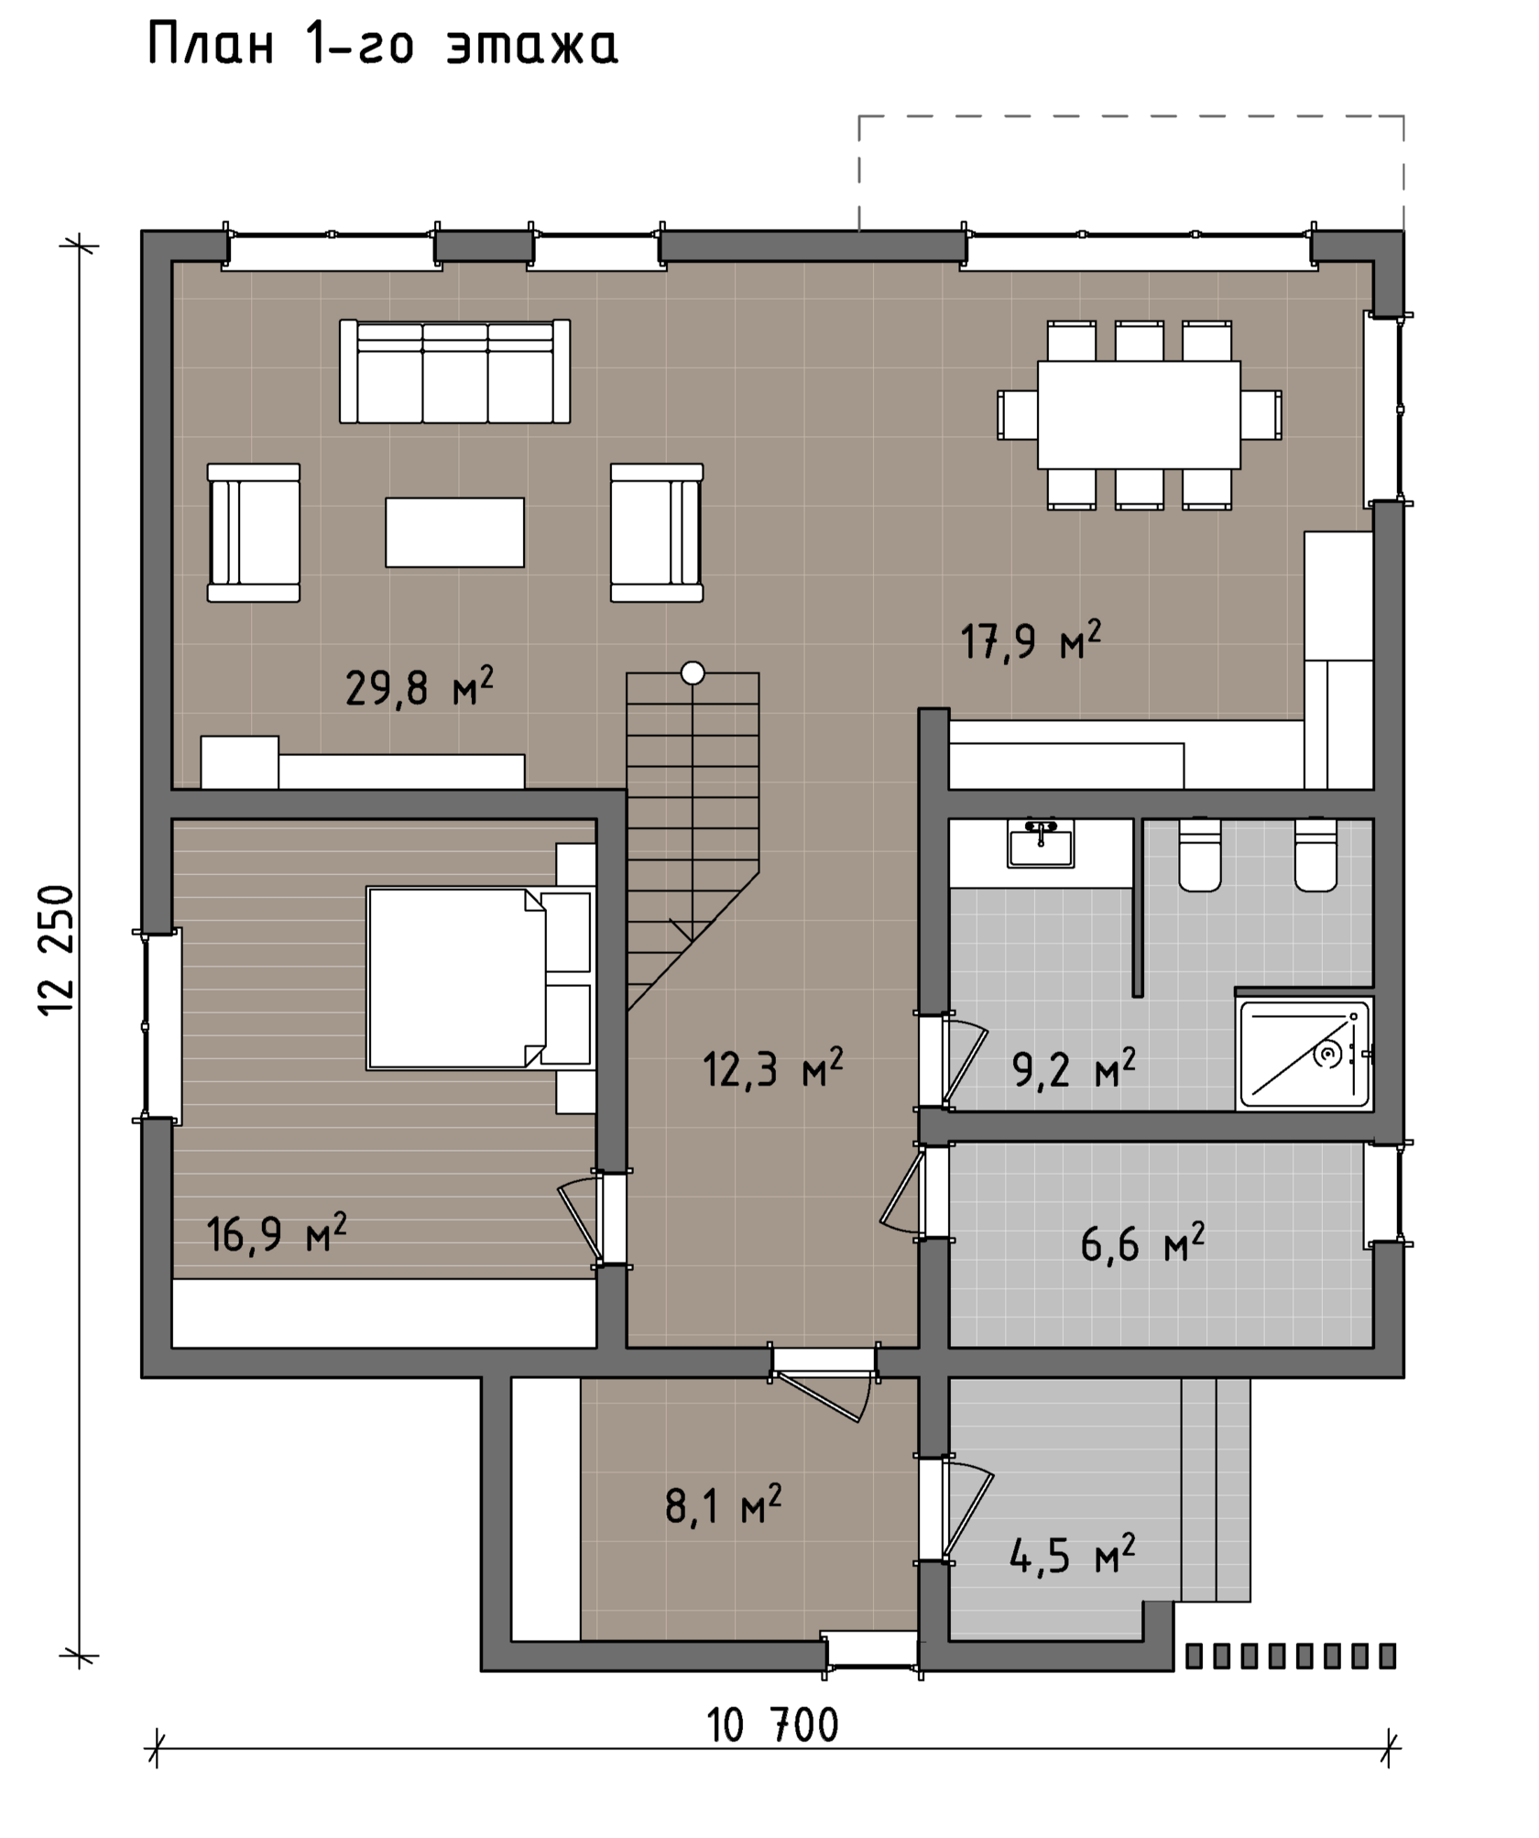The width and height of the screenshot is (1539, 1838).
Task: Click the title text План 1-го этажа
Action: (x=383, y=45)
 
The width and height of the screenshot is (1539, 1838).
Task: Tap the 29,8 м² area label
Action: (x=420, y=687)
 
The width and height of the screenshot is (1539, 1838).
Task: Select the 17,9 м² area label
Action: (x=1031, y=640)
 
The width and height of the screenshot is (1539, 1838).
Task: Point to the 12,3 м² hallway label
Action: (x=772, y=1068)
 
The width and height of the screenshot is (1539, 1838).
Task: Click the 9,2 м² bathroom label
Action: (x=1074, y=1068)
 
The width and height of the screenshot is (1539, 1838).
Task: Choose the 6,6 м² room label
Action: (x=1142, y=1243)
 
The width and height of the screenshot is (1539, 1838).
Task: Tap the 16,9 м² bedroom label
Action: (x=276, y=1233)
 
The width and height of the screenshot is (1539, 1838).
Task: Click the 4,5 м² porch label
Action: (x=1072, y=1555)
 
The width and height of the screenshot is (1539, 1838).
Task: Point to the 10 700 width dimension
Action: (x=773, y=1726)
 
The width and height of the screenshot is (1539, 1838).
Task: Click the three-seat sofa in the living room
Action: (x=454, y=371)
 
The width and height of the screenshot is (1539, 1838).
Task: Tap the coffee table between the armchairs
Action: (x=454, y=532)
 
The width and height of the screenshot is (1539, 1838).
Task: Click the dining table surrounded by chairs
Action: (x=1139, y=414)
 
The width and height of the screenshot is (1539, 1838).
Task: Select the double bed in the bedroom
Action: (x=480, y=978)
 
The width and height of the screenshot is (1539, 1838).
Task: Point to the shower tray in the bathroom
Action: (x=1304, y=1053)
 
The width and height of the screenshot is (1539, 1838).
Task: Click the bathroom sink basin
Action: (x=1041, y=843)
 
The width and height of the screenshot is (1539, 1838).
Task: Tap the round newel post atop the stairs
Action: (x=693, y=673)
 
